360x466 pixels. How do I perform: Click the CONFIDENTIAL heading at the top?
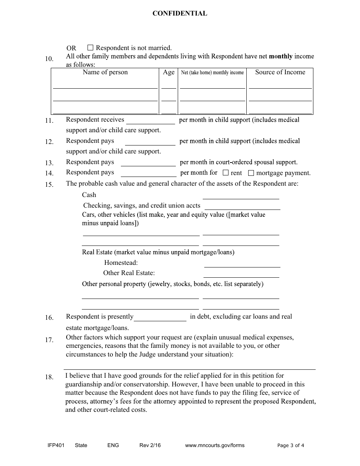[180, 14]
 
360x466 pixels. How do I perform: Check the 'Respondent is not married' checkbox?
[90, 48]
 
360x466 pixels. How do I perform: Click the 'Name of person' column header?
[105, 72]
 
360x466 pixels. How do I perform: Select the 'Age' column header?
[169, 72]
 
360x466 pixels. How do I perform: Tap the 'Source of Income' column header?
[280, 72]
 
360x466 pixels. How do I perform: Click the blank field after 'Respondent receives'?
[150, 121]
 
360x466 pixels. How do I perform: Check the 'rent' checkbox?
[225, 173]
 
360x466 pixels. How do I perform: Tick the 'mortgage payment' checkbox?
[251, 173]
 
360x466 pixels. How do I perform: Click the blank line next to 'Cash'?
[241, 196]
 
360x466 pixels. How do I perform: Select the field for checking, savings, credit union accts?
[242, 206]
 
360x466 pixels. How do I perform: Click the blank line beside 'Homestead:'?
[242, 264]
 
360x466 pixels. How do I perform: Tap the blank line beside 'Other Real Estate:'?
[241, 274]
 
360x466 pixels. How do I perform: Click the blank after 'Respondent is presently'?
[160, 318]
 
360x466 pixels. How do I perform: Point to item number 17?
[49, 340]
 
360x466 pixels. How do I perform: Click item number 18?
[49, 377]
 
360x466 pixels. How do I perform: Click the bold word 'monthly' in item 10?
[280, 56]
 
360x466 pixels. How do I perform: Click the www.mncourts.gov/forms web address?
[214, 445]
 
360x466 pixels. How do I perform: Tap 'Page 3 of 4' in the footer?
[291, 445]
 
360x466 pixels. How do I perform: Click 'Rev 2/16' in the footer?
[150, 445]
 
